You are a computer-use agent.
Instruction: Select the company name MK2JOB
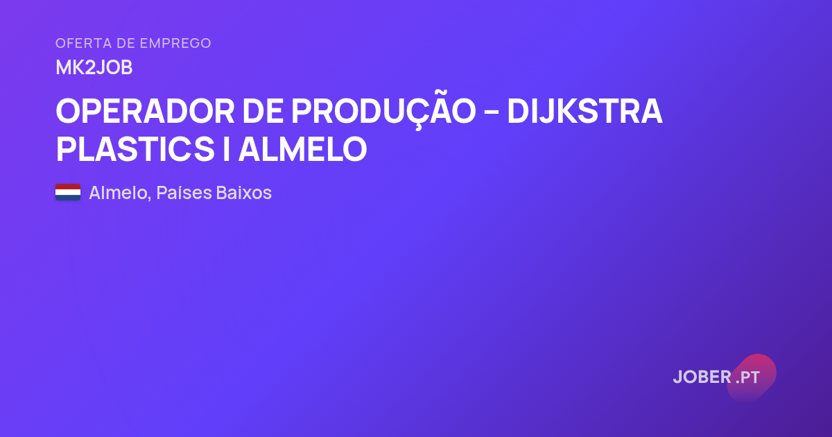(x=94, y=68)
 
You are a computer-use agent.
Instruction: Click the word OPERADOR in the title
(x=145, y=111)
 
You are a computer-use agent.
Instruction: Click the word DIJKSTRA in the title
(x=584, y=111)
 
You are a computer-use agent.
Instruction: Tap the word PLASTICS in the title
(x=135, y=149)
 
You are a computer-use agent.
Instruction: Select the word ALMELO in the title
(x=302, y=149)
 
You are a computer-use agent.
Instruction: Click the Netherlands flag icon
(x=68, y=192)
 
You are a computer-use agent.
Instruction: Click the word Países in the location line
(x=184, y=193)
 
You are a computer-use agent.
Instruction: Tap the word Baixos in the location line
(x=243, y=193)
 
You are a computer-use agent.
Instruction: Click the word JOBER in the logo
(x=702, y=377)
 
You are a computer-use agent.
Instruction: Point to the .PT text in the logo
(x=747, y=377)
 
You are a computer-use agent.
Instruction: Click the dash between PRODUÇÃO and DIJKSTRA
(x=492, y=112)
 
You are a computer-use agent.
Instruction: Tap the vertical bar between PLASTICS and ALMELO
(x=226, y=149)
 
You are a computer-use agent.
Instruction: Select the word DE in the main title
(x=263, y=111)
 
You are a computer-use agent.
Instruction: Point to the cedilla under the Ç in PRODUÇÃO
(x=418, y=127)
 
